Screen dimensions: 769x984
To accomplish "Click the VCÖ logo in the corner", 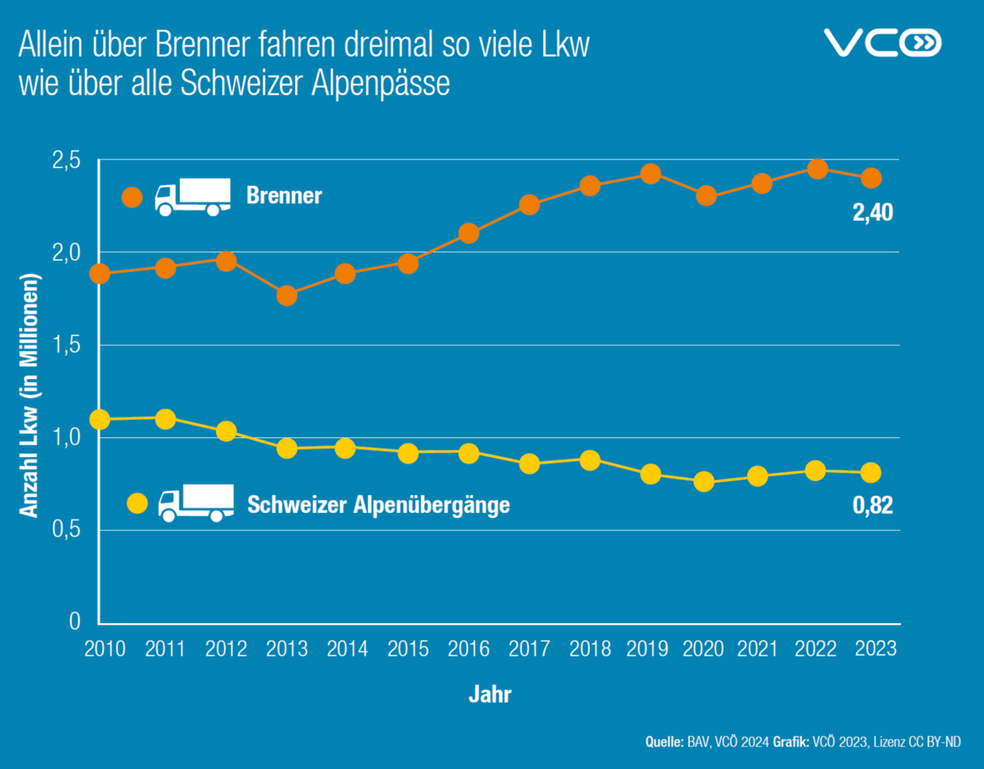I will [x=882, y=43].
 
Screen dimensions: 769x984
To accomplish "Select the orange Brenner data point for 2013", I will [x=287, y=296].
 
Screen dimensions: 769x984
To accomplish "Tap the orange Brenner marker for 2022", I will [x=817, y=169].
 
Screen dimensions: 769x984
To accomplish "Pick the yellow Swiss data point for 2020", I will [x=704, y=481].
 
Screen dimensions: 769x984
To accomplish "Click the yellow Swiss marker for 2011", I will [x=165, y=418].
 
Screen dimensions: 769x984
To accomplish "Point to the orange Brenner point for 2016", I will [x=468, y=233].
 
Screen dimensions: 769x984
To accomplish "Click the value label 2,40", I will [x=872, y=213].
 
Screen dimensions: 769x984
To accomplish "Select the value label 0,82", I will [x=872, y=505].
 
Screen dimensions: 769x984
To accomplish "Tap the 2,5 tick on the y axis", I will [x=66, y=160].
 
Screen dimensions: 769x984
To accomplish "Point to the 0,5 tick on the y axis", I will [x=66, y=529].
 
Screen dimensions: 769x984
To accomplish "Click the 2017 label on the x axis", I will [x=529, y=649].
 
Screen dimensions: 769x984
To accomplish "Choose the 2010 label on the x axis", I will [x=104, y=649].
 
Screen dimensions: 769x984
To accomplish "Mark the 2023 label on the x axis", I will [x=875, y=648].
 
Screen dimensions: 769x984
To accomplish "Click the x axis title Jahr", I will [x=490, y=695].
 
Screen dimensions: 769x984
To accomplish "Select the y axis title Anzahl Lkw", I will [x=29, y=396].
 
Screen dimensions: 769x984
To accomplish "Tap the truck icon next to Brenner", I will [x=192, y=197].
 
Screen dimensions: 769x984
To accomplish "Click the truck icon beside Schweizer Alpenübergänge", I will [x=196, y=503].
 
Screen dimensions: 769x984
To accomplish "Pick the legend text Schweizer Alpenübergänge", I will [x=379, y=504].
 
